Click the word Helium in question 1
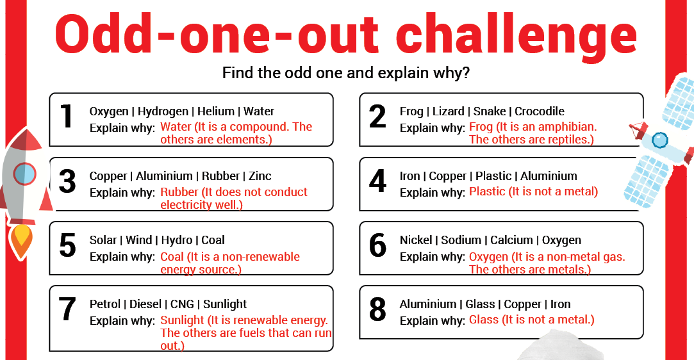(x=215, y=111)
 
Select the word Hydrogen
(x=163, y=112)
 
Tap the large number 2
(x=377, y=117)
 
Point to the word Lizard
(x=449, y=111)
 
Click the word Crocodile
(x=540, y=111)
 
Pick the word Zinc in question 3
(x=260, y=176)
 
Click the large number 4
(x=377, y=181)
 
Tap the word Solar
(x=103, y=240)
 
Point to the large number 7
(x=67, y=309)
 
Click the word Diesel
(x=145, y=304)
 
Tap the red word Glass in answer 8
(x=484, y=319)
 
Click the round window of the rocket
(x=24, y=174)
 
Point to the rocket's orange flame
(x=21, y=241)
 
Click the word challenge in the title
(x=516, y=34)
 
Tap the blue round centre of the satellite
(x=660, y=140)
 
